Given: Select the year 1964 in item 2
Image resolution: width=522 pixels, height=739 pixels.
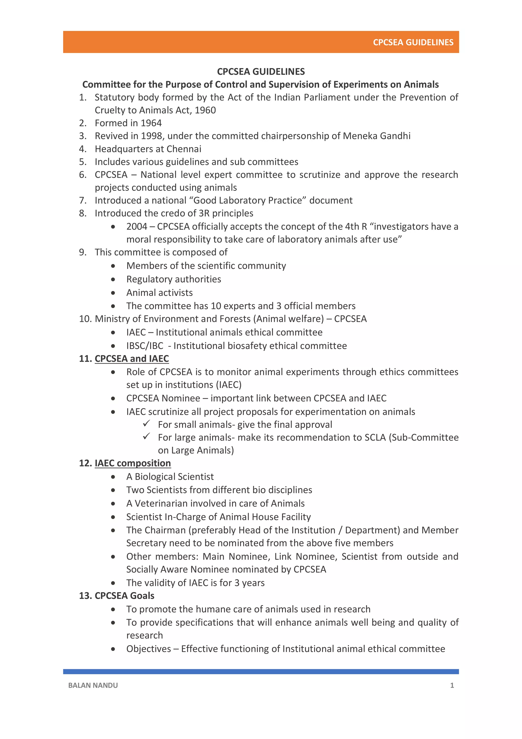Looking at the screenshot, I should pos(151,123).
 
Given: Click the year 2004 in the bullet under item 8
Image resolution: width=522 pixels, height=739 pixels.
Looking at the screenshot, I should pos(137,227).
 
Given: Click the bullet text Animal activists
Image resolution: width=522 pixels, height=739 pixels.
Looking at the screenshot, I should pos(160,293).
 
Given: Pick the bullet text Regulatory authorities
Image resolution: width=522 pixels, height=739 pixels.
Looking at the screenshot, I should pos(174,279).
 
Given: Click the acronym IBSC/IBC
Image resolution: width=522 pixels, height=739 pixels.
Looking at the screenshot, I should pos(145,346).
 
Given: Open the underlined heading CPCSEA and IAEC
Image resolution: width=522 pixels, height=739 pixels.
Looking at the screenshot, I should pos(132,359).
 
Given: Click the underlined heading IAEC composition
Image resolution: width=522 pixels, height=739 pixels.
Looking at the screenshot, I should pos(133,463).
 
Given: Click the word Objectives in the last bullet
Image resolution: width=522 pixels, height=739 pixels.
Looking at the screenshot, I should pos(149,649).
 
